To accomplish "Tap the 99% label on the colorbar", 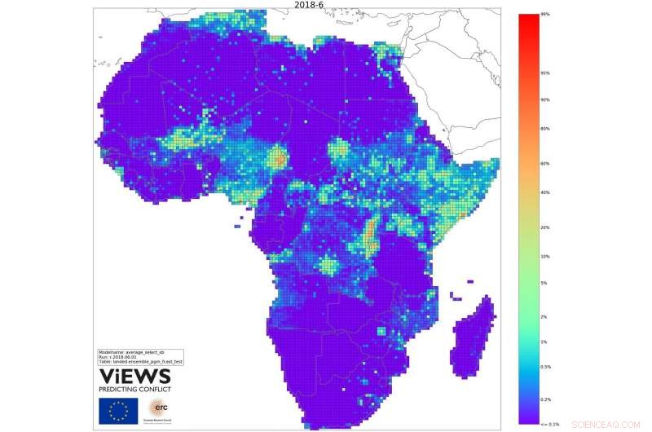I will click(544, 14).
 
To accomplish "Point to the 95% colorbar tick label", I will click(544, 73).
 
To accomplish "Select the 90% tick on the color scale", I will click(544, 100).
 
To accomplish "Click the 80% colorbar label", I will click(544, 129).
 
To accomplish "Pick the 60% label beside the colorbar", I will click(544, 164).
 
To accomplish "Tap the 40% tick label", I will click(544, 192).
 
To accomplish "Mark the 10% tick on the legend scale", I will click(544, 257).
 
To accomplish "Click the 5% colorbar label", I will click(544, 283).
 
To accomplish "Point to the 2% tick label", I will click(544, 316).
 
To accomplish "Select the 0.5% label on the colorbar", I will click(545, 367).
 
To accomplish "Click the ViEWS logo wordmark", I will click(135, 376).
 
